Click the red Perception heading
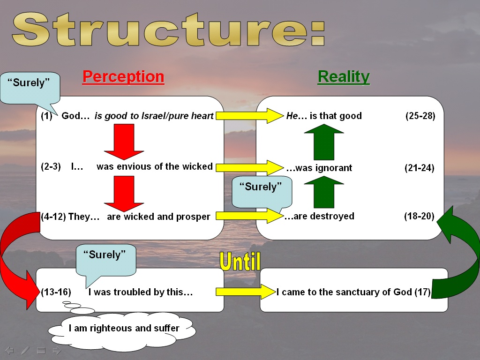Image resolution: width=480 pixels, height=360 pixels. pyautogui.click(x=123, y=76)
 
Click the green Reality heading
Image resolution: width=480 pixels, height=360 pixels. pyautogui.click(x=344, y=77)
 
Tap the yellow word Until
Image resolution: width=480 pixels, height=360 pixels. pyautogui.click(x=240, y=262)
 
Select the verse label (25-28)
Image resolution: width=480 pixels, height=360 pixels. pyautogui.click(x=420, y=116)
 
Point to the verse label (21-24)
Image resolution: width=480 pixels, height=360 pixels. pyautogui.click(x=420, y=168)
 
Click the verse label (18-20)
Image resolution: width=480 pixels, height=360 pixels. pyautogui.click(x=419, y=216)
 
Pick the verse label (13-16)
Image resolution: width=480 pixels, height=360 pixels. pyautogui.click(x=56, y=292)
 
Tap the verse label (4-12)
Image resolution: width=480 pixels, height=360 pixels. pyautogui.click(x=53, y=217)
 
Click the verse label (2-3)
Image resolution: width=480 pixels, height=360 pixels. pyautogui.click(x=51, y=166)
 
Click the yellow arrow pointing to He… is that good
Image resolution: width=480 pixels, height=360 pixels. pyautogui.click(x=250, y=116)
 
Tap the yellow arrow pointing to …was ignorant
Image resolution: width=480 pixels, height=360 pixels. pyautogui.click(x=250, y=167)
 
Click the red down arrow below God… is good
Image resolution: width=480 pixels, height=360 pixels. pyautogui.click(x=124, y=142)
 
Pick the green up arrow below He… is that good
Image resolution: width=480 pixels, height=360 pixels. pyautogui.click(x=324, y=142)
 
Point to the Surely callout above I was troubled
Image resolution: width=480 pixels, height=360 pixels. pyautogui.click(x=105, y=260)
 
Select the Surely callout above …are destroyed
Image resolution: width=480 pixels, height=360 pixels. pyautogui.click(x=262, y=192)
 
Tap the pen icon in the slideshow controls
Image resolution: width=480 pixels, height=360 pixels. pyautogui.click(x=25, y=351)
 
